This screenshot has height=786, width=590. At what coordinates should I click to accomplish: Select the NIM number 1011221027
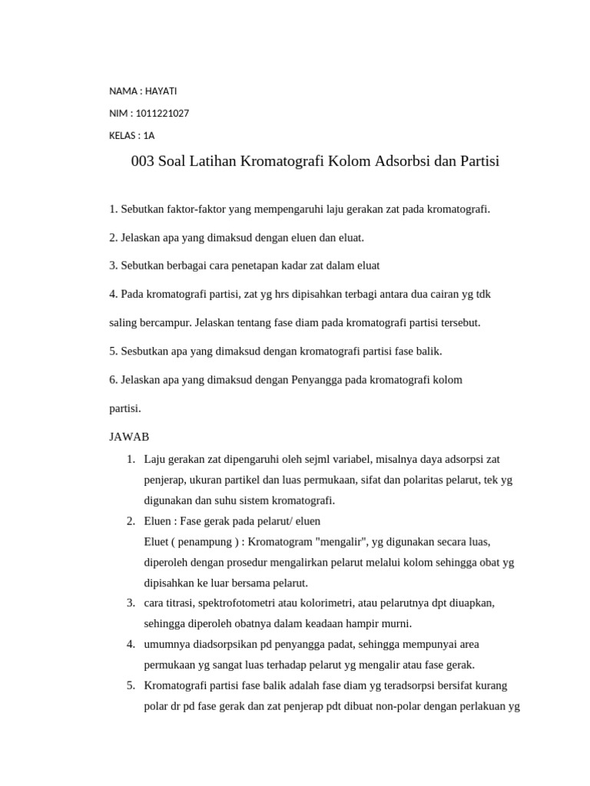162,114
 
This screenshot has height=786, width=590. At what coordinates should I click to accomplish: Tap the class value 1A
148,136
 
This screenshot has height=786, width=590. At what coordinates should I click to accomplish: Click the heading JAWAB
129,437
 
